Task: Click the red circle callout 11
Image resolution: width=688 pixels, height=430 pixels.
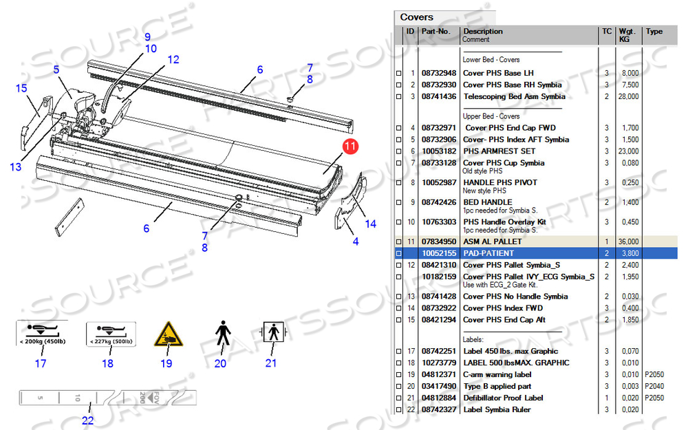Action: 350,146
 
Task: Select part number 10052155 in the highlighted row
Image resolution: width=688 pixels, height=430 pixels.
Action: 439,253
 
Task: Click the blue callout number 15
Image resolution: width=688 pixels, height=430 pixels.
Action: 21,88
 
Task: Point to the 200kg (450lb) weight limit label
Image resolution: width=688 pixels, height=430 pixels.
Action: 42,334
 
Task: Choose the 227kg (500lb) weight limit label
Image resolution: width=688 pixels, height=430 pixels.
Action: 111,334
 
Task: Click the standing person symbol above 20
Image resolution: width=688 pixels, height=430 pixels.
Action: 223,333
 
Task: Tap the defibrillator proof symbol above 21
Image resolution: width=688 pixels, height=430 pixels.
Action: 274,332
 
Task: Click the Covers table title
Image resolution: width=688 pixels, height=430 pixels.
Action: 416,17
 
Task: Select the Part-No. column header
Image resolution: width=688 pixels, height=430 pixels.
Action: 436,31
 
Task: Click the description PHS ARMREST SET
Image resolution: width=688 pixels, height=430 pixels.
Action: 499,151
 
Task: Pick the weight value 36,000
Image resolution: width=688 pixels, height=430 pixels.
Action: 628,241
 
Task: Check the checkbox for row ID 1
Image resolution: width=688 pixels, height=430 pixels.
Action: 399,74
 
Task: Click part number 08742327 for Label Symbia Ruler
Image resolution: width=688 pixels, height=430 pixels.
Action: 439,409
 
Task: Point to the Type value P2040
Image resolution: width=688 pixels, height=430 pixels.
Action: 654,386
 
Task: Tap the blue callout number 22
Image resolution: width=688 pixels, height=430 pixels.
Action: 88,420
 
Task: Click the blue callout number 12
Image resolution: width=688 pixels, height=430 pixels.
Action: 173,60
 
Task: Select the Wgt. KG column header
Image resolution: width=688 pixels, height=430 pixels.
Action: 627,35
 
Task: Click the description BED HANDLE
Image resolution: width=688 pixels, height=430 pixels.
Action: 488,202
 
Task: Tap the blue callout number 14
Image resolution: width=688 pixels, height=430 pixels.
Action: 371,224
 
